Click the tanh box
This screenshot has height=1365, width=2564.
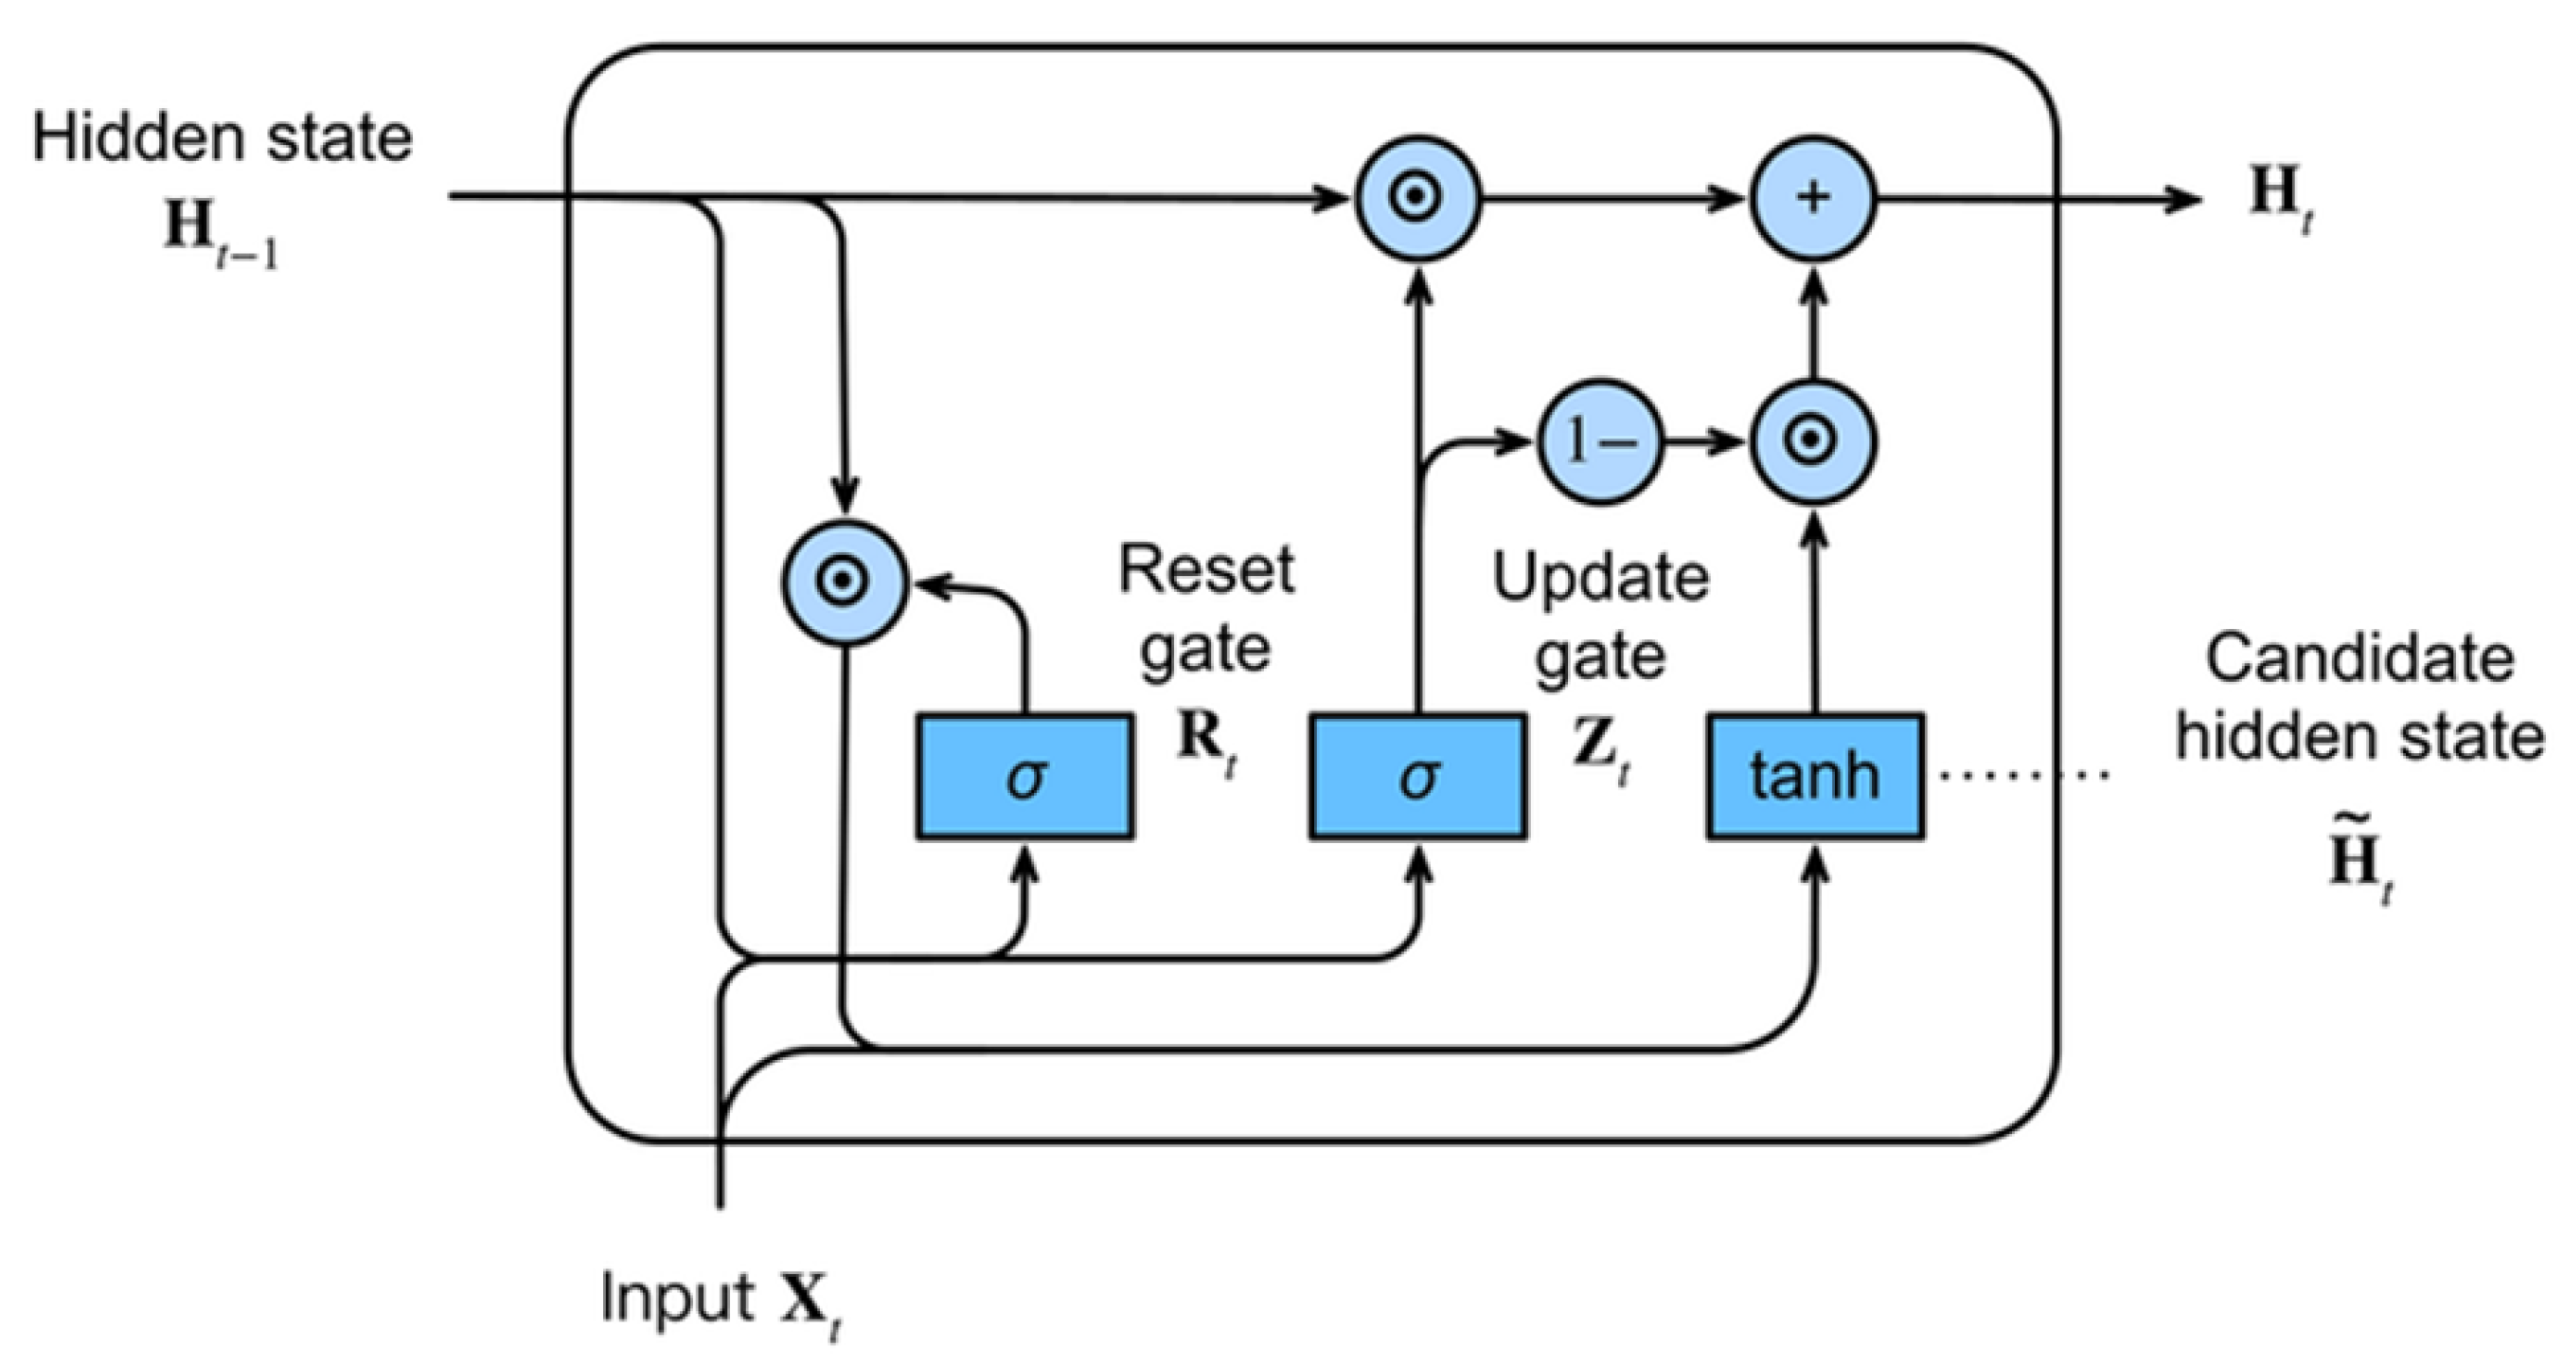click(x=1815, y=777)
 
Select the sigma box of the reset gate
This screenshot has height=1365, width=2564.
click(x=1025, y=777)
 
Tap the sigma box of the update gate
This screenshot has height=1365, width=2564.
click(x=1417, y=777)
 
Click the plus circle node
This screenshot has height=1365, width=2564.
click(x=1813, y=198)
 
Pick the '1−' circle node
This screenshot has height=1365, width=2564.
click(x=1600, y=441)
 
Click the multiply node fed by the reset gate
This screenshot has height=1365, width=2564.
click(x=844, y=582)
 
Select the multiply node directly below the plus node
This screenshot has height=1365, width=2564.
click(x=1813, y=441)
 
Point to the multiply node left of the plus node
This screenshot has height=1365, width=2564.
click(x=1417, y=198)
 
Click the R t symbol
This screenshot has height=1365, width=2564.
click(x=1206, y=745)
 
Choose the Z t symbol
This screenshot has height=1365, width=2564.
click(x=1601, y=752)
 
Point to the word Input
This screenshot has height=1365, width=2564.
click(x=677, y=1300)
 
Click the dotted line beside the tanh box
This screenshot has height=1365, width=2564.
click(x=2022, y=775)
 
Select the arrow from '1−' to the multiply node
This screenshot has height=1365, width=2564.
click(x=1707, y=441)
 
